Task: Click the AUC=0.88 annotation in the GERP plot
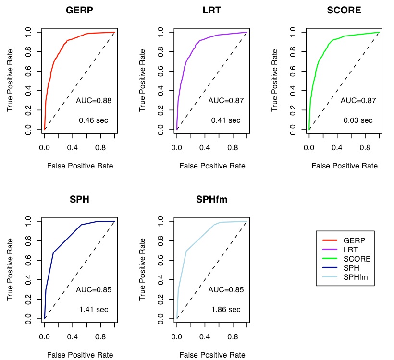pyautogui.click(x=94, y=101)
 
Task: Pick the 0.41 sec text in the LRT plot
pyautogui.click(x=226, y=120)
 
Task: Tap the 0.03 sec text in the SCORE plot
pyautogui.click(x=358, y=120)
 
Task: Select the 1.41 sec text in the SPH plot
pyautogui.click(x=94, y=309)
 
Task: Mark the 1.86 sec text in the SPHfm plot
pyautogui.click(x=226, y=309)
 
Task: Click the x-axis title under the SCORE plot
pyautogui.click(x=344, y=166)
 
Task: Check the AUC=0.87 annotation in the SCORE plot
pyautogui.click(x=358, y=101)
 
